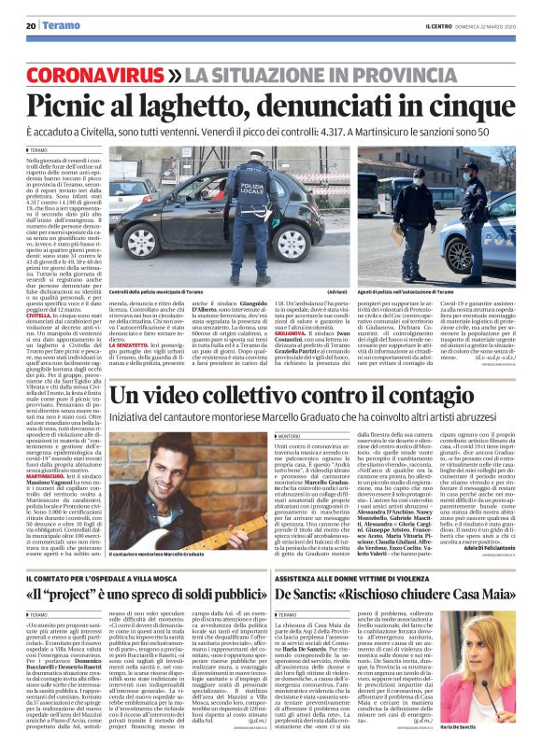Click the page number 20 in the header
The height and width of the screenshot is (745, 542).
30,26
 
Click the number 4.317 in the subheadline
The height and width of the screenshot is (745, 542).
326,134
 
